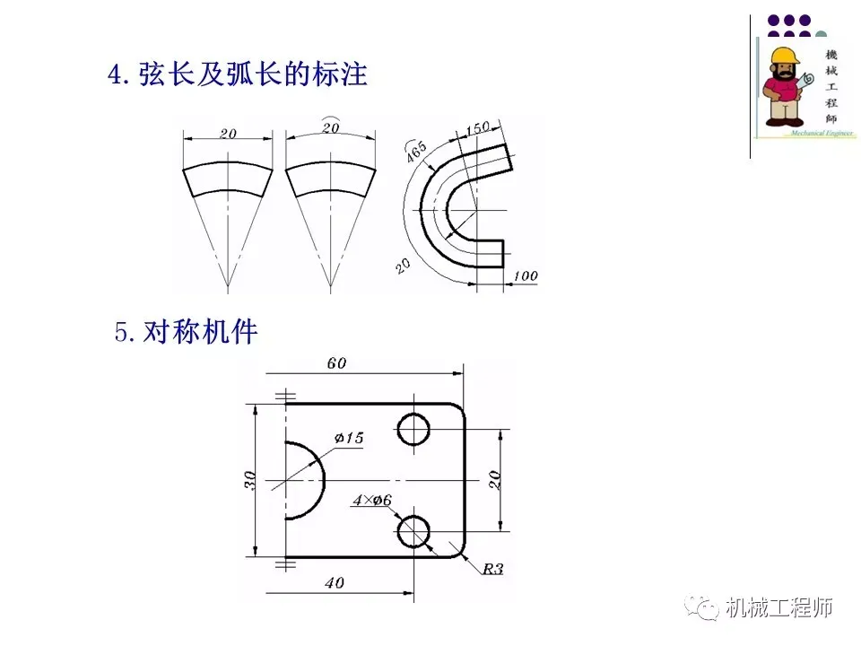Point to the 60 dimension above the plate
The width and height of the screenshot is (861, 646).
coord(336,363)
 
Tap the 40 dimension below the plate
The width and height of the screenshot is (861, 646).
coord(334,583)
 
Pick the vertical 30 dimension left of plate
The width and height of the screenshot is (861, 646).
coord(250,481)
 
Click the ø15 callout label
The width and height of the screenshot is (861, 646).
coord(349,438)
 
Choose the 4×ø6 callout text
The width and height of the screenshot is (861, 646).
coord(372,501)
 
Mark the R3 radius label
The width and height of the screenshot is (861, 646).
coord(493,568)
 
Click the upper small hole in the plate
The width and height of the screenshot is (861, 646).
coord(414,430)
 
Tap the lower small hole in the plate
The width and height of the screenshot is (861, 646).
coord(414,531)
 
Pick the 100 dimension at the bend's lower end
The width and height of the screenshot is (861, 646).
coord(526,276)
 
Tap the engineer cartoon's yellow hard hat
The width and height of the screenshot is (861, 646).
coord(784,54)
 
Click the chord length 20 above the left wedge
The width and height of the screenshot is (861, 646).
coord(228,134)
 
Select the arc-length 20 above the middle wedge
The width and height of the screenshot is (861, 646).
coord(330,128)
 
